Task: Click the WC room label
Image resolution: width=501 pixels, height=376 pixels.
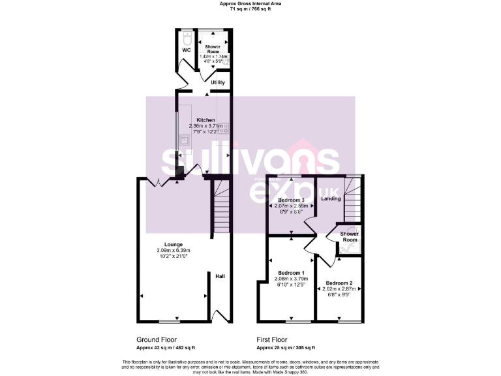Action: click(186, 50)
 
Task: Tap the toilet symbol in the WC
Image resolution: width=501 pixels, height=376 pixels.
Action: click(187, 37)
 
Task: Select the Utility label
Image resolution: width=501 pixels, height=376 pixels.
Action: click(217, 83)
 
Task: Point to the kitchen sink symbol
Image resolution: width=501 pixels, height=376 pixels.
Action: click(185, 139)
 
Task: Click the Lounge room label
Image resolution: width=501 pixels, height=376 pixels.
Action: click(173, 244)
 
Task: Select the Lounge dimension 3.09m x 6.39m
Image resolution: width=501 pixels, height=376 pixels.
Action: click(173, 251)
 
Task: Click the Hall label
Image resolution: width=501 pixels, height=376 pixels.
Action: click(220, 277)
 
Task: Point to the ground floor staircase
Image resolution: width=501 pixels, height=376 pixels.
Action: click(220, 209)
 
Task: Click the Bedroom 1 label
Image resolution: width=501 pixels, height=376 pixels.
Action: click(291, 272)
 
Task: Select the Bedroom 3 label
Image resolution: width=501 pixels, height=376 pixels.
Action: click(291, 200)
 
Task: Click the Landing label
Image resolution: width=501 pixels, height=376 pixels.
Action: click(331, 198)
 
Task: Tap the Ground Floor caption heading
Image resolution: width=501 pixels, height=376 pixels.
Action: click(157, 339)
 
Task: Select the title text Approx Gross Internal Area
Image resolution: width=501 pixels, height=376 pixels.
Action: click(250, 4)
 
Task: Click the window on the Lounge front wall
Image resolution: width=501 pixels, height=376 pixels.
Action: click(170, 321)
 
